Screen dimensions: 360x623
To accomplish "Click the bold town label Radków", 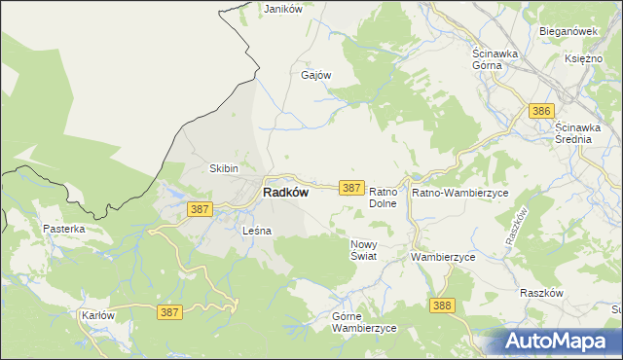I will pos(286,193).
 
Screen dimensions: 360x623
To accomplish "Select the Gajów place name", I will pos(316,75).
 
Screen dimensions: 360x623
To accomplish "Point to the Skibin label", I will pos(225,168).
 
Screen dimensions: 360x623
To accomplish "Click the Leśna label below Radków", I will pos(256,231).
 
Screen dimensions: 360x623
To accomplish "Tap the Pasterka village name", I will pos(64,229).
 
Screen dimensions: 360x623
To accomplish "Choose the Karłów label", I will pos(98,316).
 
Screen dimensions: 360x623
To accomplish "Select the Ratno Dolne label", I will pos(385,198).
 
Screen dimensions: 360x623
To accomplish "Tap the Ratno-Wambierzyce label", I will pos(460,194).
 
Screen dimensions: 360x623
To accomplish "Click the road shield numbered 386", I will pos(542,112).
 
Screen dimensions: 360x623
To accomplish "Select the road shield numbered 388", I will pos(442,306).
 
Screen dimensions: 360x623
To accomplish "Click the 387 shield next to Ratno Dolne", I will pos(351,187).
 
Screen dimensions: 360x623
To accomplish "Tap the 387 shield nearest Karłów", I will pos(169,312).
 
